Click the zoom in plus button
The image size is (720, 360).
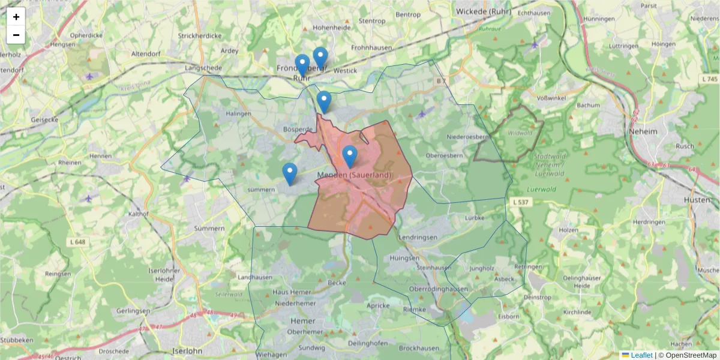[x=16, y=17]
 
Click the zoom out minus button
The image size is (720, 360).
[x=16, y=35]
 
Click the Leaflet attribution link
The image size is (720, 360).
[x=641, y=355]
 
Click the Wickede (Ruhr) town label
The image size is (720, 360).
[x=484, y=11]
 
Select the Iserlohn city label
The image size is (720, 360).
[x=187, y=350]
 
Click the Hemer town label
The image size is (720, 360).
[x=302, y=321]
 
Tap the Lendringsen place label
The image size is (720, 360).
[x=417, y=238]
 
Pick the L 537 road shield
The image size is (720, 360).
[x=520, y=202]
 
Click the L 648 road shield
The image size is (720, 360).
[x=77, y=242]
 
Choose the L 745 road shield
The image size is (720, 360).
[x=709, y=79]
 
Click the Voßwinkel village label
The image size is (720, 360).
[x=552, y=98]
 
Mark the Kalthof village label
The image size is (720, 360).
[x=138, y=214]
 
